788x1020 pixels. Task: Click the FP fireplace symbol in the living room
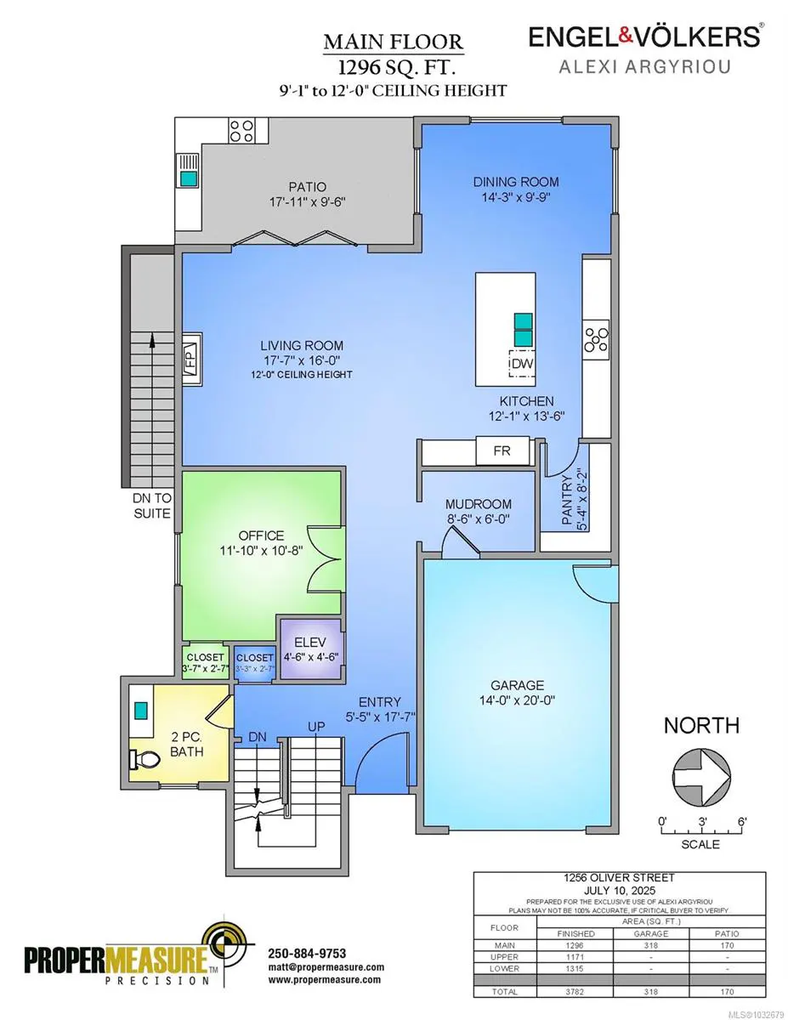click(190, 354)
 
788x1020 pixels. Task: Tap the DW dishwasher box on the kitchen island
click(522, 364)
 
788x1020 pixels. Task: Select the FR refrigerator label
click(502, 450)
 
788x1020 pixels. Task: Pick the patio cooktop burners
click(241, 131)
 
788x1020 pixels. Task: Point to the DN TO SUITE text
click(151, 507)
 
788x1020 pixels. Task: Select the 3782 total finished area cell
click(577, 991)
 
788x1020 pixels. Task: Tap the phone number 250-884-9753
click(307, 953)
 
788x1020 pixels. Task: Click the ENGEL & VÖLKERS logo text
click(644, 37)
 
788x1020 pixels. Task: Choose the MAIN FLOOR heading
click(393, 42)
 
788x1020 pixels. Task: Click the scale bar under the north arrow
click(700, 830)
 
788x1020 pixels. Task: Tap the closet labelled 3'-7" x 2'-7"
click(204, 663)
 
